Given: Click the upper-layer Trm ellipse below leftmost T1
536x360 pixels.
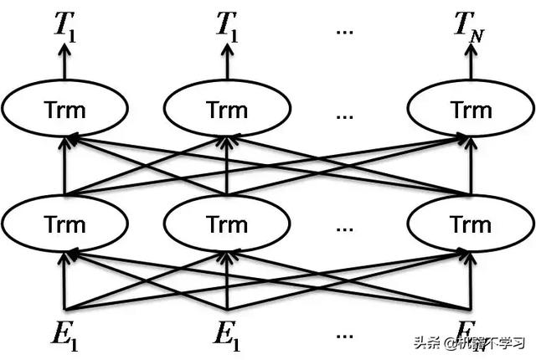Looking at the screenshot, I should [65, 111].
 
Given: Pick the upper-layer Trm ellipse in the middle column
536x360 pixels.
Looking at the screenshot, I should [227, 111].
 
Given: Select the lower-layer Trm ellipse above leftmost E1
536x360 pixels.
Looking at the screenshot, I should [65, 224].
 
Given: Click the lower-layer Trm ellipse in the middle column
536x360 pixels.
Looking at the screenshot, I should [227, 224].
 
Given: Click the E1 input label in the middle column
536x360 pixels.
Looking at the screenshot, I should [227, 335].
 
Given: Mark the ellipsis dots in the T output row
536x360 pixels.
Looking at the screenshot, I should [344, 29].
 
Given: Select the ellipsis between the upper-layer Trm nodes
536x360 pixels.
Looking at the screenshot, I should [344, 113].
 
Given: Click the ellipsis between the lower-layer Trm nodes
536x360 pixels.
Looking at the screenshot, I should [344, 226].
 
